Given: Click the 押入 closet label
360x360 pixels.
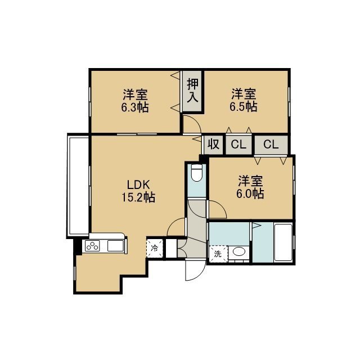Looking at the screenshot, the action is click(x=192, y=91).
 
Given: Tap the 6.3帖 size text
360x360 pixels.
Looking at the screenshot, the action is click(x=135, y=107).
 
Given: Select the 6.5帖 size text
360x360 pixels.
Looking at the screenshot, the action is click(x=244, y=106).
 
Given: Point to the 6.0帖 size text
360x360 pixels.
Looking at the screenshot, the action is click(x=250, y=193).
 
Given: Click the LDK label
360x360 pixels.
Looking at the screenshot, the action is click(x=138, y=184).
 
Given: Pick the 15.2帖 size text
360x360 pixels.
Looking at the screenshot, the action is click(x=138, y=197).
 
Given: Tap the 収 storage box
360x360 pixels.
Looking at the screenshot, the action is click(x=213, y=145).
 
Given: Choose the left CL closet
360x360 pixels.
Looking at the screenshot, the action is click(x=238, y=145).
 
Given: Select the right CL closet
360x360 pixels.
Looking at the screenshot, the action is click(x=271, y=145).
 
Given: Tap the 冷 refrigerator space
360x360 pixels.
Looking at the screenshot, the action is click(x=155, y=248).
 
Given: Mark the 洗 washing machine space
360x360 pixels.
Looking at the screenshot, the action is click(x=218, y=254).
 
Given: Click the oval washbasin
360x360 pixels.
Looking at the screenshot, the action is click(x=238, y=251).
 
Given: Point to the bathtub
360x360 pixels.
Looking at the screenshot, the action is click(x=283, y=242).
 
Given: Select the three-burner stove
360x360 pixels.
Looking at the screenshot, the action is click(x=92, y=246).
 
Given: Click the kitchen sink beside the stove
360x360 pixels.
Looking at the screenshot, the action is click(x=116, y=246).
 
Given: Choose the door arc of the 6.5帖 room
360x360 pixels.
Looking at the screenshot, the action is click(x=196, y=120).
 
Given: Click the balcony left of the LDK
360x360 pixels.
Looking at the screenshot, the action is click(x=78, y=186).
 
